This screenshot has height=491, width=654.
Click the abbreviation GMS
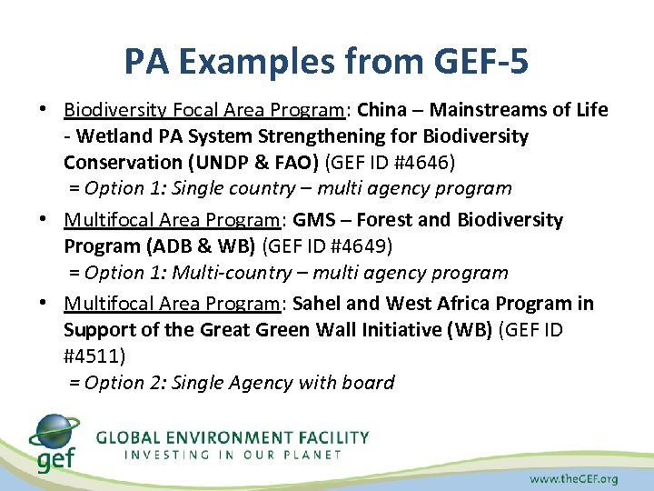313,220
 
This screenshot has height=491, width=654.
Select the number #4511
94,355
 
